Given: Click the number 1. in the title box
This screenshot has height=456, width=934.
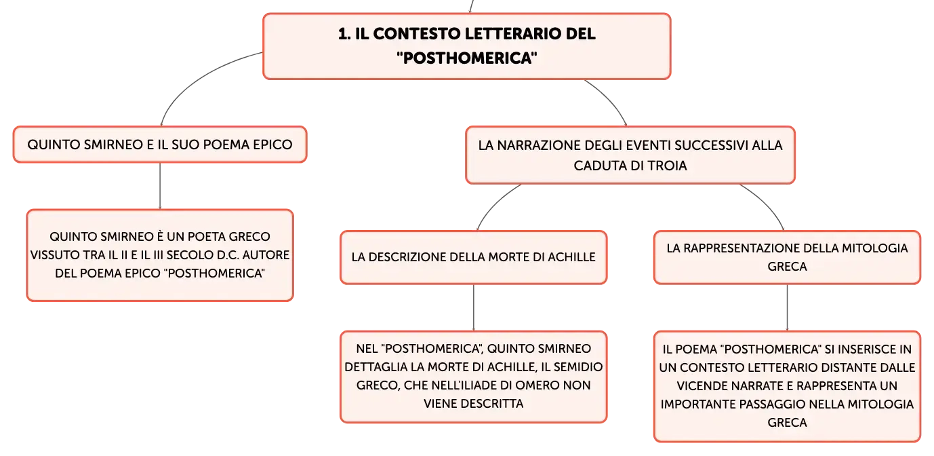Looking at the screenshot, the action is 344,34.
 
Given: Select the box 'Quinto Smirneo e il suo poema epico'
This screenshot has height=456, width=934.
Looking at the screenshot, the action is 160,145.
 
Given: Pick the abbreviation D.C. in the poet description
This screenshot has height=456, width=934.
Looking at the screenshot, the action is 228,254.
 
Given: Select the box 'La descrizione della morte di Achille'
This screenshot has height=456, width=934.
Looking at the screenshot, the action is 474,257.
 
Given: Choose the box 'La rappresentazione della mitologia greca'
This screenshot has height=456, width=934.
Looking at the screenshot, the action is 787,257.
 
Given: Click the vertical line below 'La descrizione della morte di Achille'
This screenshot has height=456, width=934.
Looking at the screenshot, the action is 474,308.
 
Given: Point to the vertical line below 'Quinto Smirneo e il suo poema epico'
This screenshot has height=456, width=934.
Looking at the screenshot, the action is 160,186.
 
